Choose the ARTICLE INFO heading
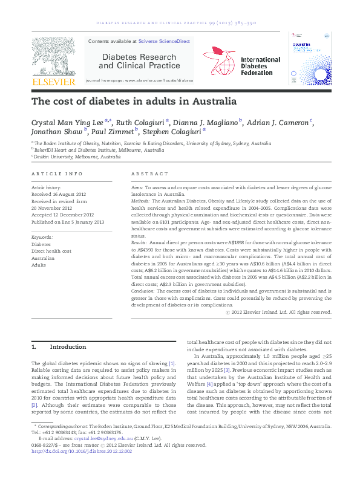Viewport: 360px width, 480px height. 56,174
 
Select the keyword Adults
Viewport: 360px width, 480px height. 39,265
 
